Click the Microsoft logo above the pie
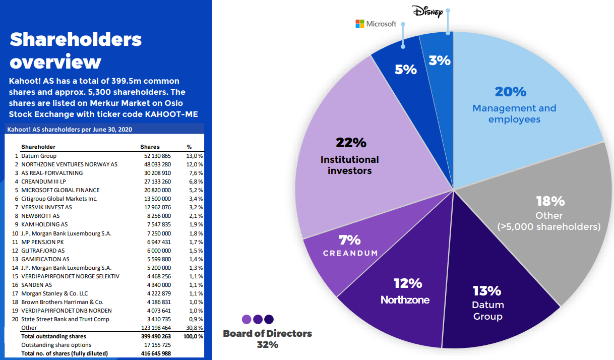376,24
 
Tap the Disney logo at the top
426,12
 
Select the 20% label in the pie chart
510,92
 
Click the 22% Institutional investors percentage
351,143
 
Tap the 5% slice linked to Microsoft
405,69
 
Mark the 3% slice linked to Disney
439,60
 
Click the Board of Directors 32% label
267,339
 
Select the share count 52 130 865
157,156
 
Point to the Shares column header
150,147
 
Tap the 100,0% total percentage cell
194,336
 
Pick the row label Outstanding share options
53,345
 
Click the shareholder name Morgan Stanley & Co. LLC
54,293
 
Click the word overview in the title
55,62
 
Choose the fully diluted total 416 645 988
156,353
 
